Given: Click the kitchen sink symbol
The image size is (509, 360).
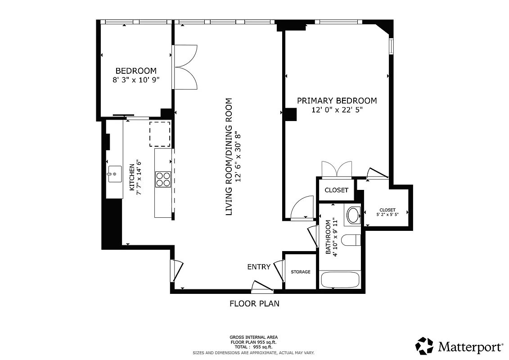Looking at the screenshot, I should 114,174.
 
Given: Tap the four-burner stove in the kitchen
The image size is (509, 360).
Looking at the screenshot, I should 163,179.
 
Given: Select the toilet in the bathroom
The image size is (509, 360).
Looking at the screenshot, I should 351,240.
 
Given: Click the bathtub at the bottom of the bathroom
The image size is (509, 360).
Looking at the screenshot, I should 340,279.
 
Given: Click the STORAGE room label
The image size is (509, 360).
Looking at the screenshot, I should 300,272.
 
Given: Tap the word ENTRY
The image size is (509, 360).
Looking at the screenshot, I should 259,267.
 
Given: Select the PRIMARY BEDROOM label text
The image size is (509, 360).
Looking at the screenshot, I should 337,101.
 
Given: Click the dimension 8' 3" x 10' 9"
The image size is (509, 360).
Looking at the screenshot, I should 136,80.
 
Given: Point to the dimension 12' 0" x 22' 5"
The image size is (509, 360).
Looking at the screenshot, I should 337,110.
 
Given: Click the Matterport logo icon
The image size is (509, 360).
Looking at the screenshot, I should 424,346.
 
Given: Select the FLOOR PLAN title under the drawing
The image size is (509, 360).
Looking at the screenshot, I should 254,304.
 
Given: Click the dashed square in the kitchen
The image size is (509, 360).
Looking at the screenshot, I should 160,134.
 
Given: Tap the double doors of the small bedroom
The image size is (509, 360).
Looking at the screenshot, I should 185,67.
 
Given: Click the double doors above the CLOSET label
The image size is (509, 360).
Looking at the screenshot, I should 336,170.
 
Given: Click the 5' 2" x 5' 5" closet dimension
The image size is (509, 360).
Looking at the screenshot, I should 387,215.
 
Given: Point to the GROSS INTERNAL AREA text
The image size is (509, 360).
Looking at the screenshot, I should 253,337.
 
